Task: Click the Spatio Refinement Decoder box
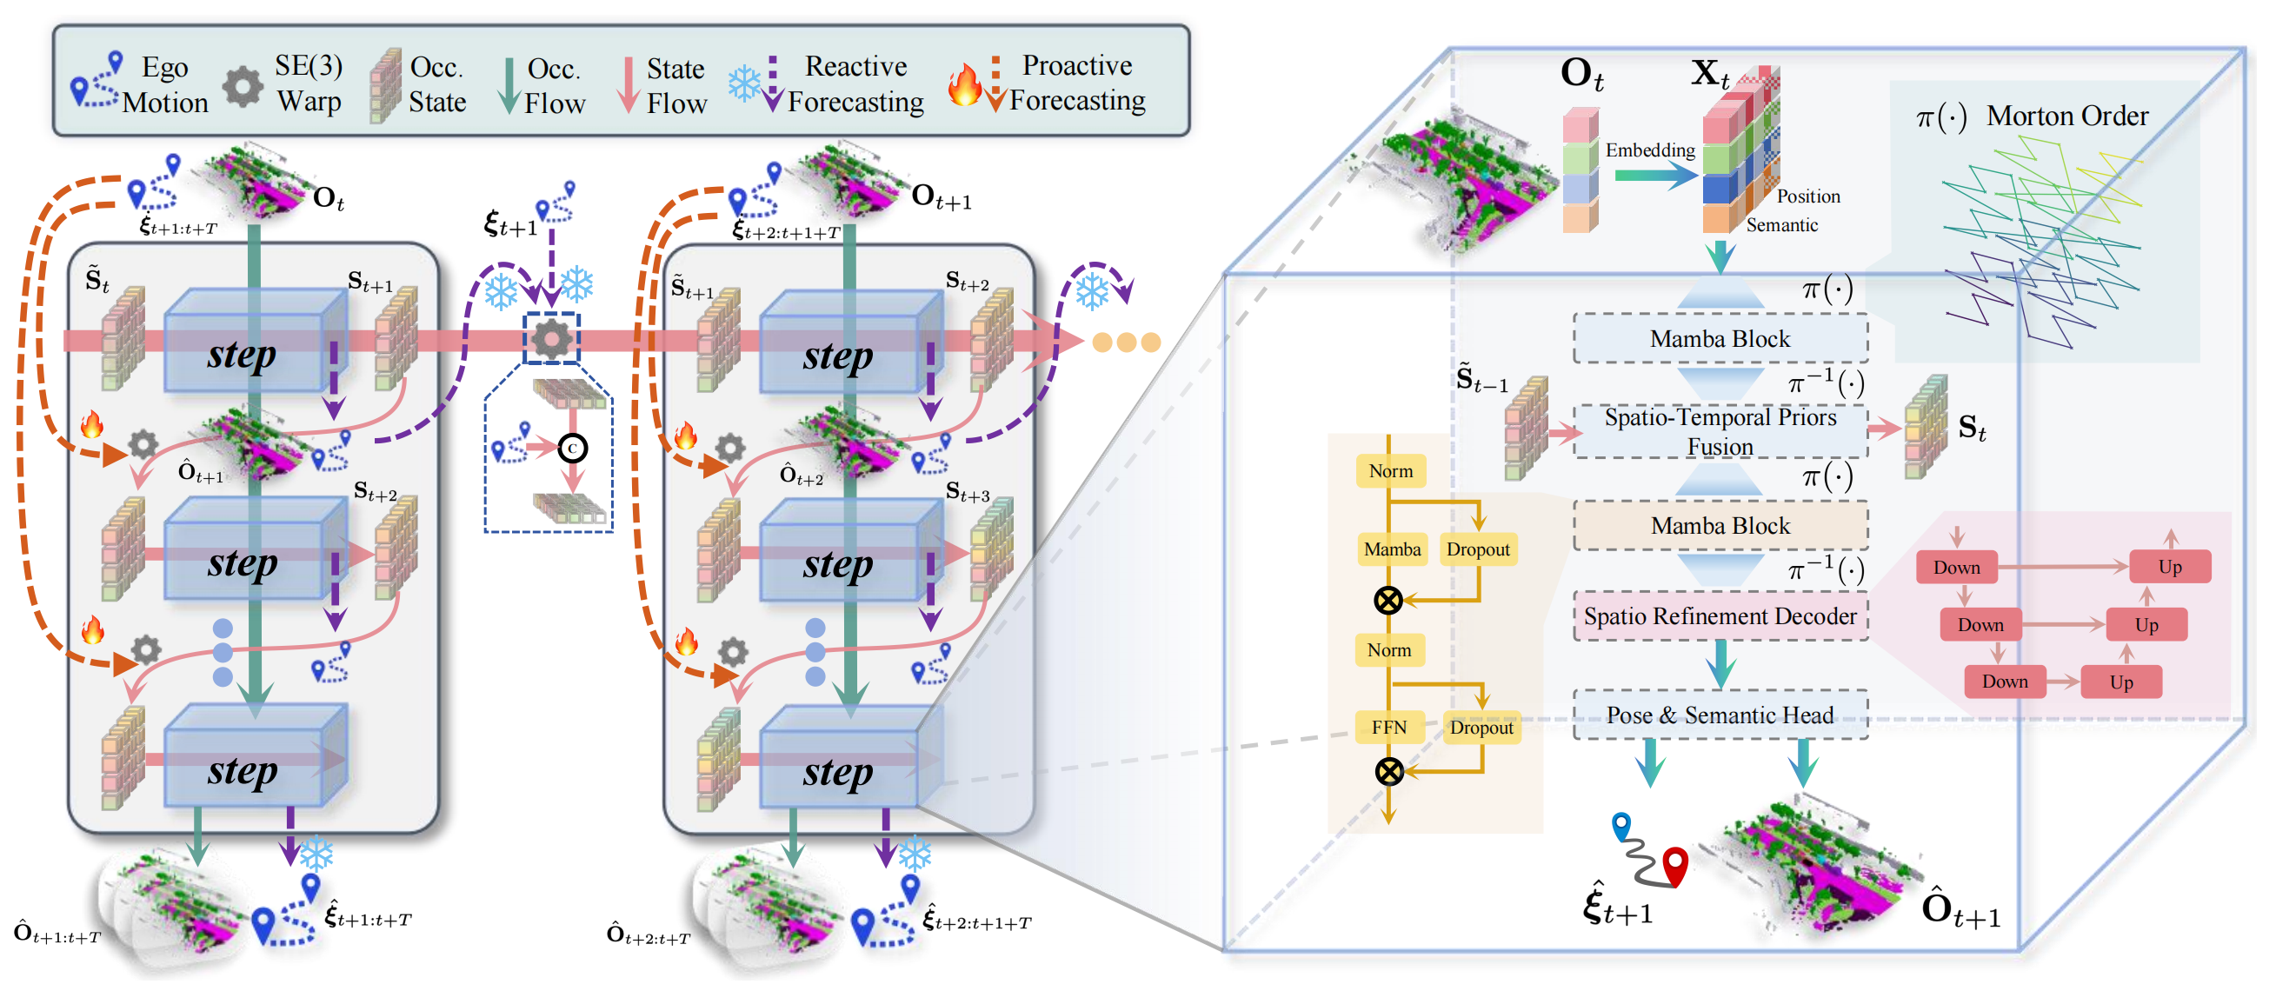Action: [1720, 615]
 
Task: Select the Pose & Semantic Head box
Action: [1720, 715]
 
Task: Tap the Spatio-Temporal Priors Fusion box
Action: [1720, 431]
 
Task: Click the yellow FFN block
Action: [1389, 727]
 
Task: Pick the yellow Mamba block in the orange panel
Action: [1392, 549]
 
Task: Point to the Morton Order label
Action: [2066, 116]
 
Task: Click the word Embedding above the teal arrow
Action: [1649, 150]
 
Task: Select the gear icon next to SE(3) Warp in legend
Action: [242, 87]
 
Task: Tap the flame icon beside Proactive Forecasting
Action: [964, 85]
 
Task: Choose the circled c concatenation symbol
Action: [573, 449]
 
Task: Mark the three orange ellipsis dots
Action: [1126, 342]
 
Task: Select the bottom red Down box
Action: [2004, 682]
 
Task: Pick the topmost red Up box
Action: [2169, 567]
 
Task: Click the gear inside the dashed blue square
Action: [552, 338]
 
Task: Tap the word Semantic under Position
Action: [1781, 225]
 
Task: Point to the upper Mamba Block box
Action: [1720, 339]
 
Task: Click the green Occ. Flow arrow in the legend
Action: [509, 86]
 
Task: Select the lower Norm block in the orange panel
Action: [1389, 650]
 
